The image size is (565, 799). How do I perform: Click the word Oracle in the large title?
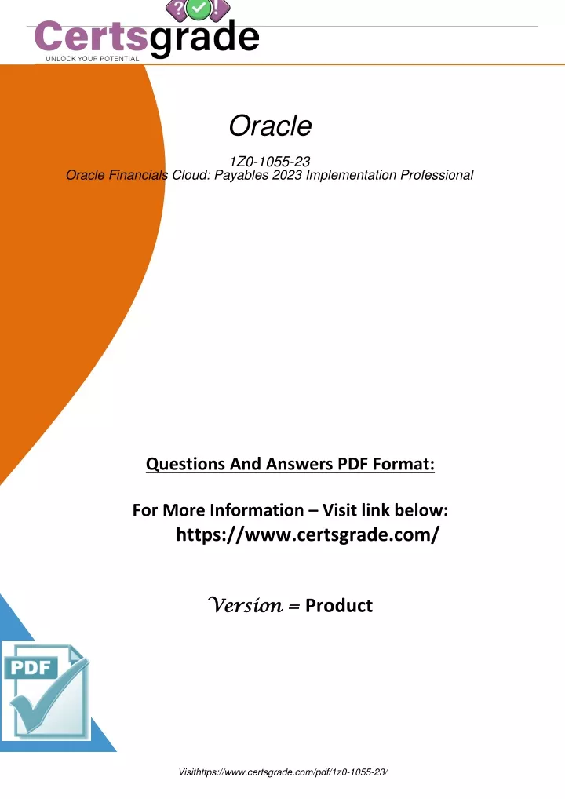[x=270, y=126]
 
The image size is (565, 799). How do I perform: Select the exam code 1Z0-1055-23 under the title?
[x=269, y=162]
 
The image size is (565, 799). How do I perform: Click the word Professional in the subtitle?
[x=436, y=175]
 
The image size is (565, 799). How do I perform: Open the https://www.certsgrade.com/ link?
[x=307, y=534]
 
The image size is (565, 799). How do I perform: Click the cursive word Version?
[x=245, y=605]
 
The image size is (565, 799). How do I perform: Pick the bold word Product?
[x=339, y=605]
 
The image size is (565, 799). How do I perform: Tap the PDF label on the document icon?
[x=31, y=667]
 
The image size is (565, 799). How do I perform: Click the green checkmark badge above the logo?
[x=199, y=9]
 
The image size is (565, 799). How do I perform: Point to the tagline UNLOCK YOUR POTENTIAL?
[x=93, y=59]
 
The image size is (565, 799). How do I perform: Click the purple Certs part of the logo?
[x=91, y=36]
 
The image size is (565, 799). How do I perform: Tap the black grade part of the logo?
[x=205, y=37]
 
